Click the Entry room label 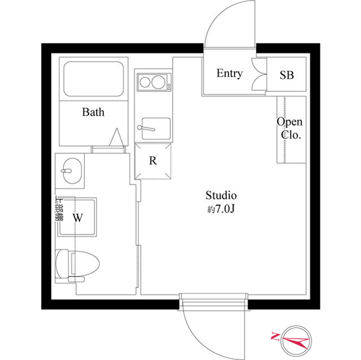(230, 73)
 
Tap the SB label (287, 75)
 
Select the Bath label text (93, 112)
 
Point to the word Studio (221, 195)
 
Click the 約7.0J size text (221, 209)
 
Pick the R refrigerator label (153, 161)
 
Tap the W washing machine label (78, 217)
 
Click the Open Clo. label (289, 128)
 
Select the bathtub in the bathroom (94, 79)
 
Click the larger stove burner (159, 82)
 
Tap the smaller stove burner (145, 82)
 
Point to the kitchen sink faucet (146, 128)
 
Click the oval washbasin (72, 171)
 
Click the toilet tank (61, 264)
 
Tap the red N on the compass (275, 336)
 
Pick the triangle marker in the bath (117, 137)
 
